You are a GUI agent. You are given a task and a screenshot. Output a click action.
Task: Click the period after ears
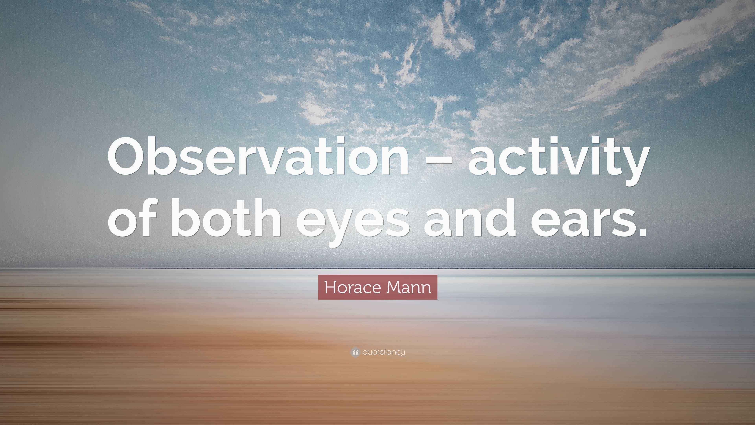(x=640, y=232)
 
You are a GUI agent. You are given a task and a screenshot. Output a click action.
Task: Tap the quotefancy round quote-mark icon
(x=355, y=352)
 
